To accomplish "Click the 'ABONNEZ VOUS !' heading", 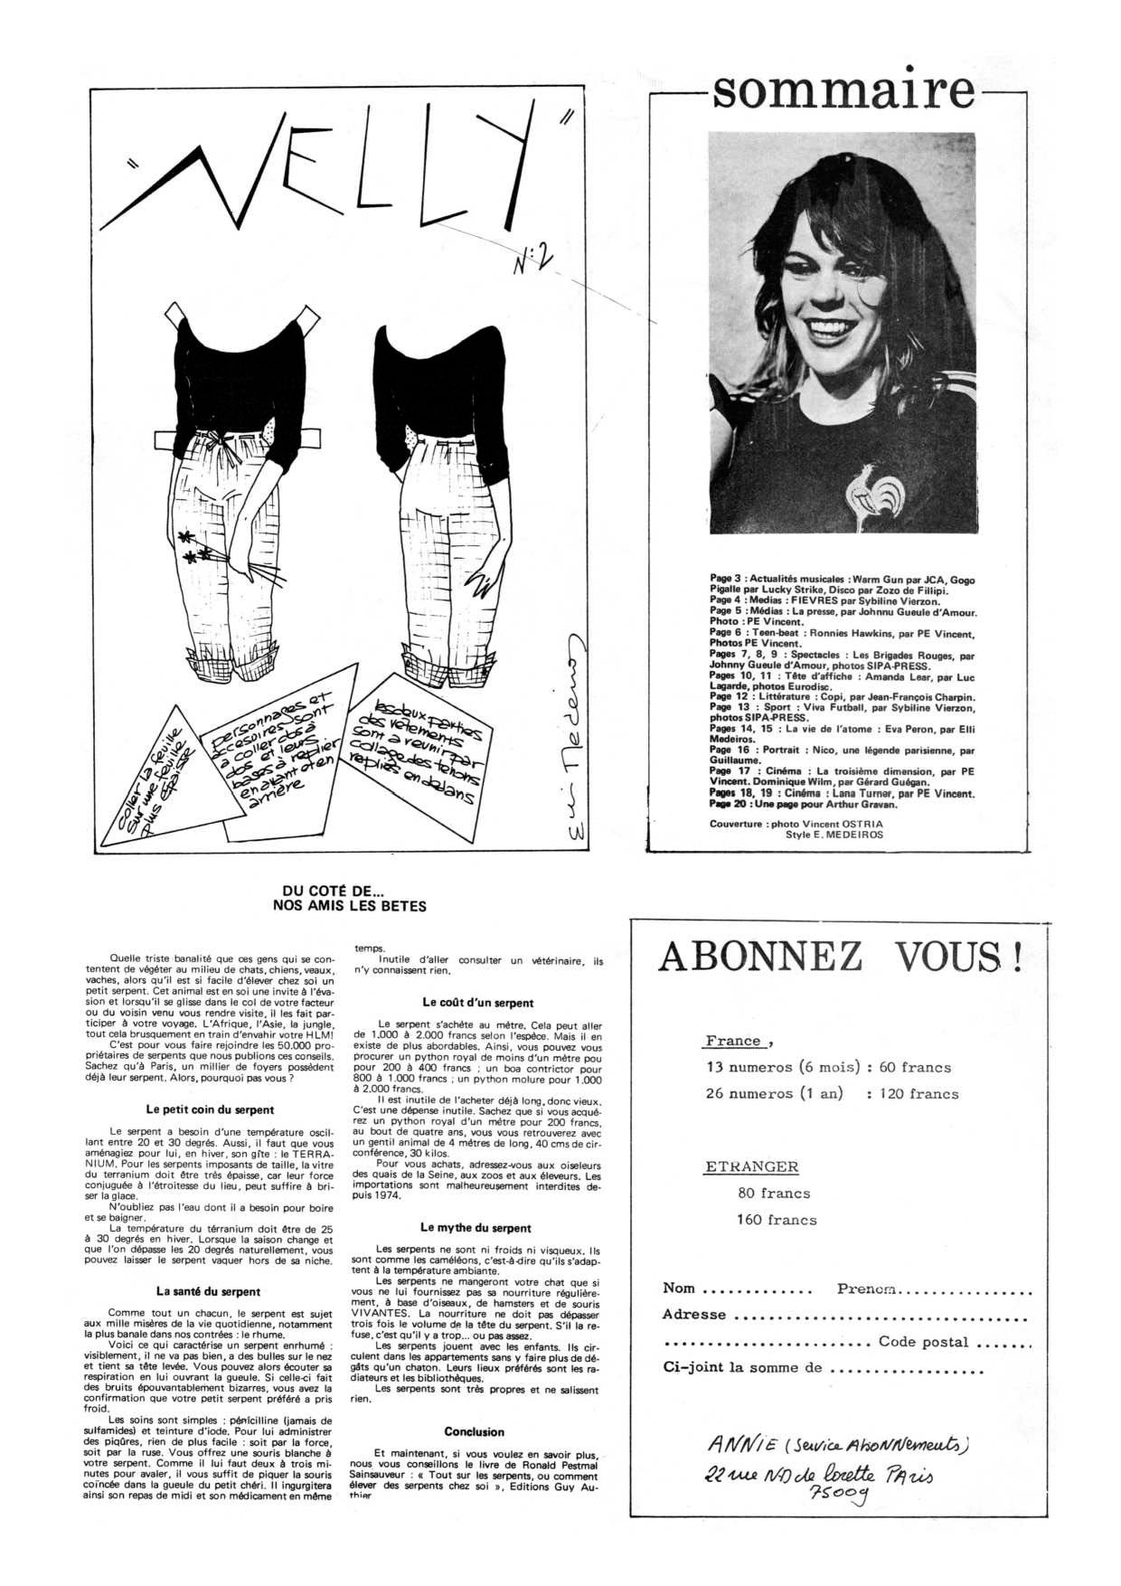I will point(841,957).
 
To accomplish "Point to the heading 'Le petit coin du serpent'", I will point(210,1109).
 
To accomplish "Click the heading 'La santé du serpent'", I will point(208,1291).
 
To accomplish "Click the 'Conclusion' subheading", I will point(474,1431).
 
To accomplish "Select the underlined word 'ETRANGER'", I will point(751,1167).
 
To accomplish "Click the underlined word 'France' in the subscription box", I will point(734,1041).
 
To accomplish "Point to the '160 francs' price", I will point(777,1220).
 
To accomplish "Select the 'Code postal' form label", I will point(923,1342).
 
